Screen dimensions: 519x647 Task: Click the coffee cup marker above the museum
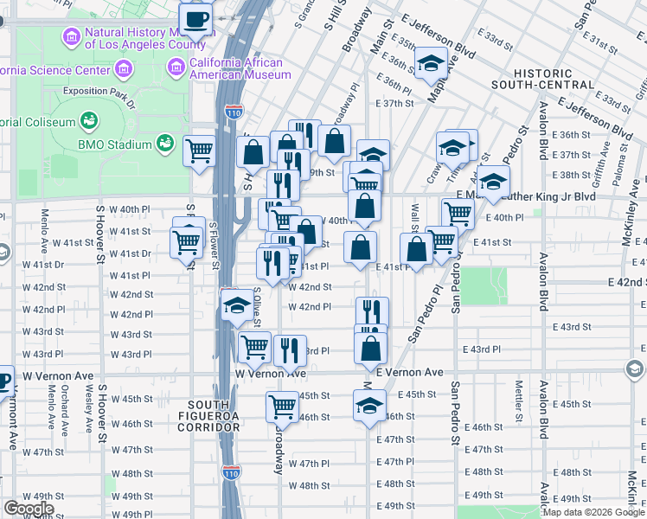[x=195, y=18]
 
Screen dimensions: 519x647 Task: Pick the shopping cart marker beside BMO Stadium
[x=199, y=151]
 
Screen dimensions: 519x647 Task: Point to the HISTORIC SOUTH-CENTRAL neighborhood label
[x=542, y=80]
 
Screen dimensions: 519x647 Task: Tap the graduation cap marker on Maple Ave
[x=430, y=63]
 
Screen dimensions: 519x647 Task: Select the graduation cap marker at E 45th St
[x=369, y=404]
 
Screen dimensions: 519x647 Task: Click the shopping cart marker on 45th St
[x=282, y=406]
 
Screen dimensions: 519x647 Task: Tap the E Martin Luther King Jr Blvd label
[x=536, y=197]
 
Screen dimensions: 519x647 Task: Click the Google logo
[x=28, y=509]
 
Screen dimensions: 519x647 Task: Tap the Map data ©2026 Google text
[x=592, y=512]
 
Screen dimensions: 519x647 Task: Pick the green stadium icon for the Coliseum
[x=88, y=120]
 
